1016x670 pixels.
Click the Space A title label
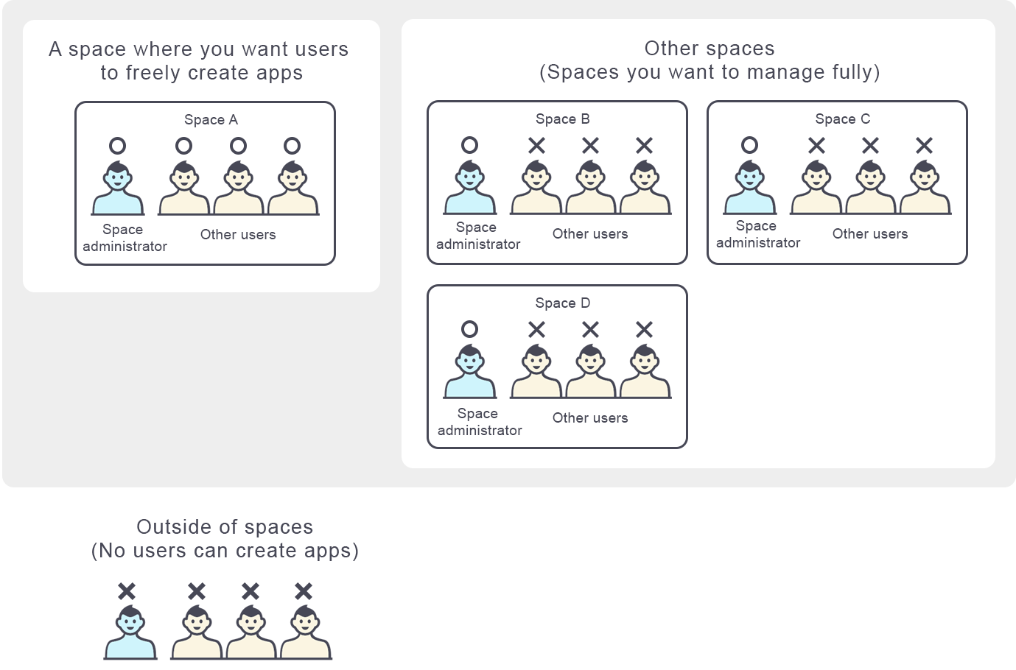click(211, 119)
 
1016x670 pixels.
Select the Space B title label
click(562, 119)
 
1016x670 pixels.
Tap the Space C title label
click(842, 119)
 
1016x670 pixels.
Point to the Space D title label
click(562, 303)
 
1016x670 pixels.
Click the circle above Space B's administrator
click(469, 145)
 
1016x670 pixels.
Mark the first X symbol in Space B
click(536, 146)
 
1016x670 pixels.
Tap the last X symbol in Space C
click(924, 146)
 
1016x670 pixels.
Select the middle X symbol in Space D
click(590, 329)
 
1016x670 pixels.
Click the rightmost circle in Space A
click(292, 146)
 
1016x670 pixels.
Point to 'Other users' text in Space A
click(238, 234)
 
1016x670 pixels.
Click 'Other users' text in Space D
click(590, 417)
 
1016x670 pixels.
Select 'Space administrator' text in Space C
click(757, 234)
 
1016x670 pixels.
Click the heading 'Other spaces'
click(709, 49)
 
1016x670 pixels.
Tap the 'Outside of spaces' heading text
click(225, 527)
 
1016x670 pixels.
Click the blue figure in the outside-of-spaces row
click(130, 634)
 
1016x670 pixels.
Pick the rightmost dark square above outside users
click(304, 590)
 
